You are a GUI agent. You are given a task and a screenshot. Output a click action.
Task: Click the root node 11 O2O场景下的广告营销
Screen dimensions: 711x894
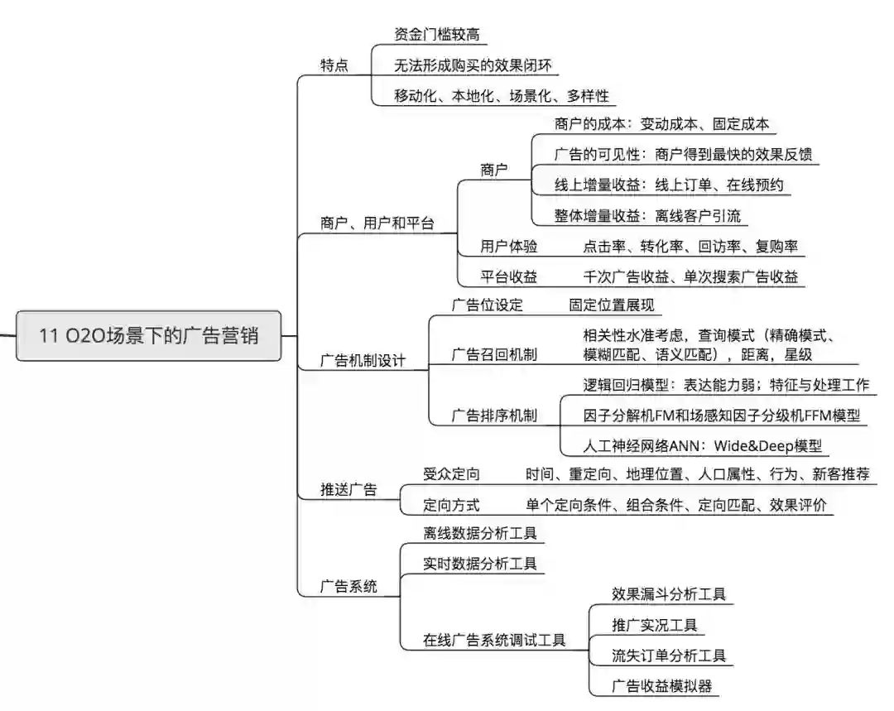click(149, 336)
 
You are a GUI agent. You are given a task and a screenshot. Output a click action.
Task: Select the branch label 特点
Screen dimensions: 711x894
click(334, 65)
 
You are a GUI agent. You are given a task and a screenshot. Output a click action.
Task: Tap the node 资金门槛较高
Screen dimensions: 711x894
click(437, 34)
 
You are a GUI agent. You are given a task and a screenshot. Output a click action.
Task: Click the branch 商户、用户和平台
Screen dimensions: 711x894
click(377, 223)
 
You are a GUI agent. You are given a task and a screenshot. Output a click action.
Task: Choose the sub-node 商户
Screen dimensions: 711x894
click(494, 170)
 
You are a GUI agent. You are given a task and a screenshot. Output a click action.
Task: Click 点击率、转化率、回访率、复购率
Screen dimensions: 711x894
click(690, 247)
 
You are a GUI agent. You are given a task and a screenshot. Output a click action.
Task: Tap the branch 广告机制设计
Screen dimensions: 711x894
click(363, 362)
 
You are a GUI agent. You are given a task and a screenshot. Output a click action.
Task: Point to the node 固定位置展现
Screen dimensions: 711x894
click(611, 305)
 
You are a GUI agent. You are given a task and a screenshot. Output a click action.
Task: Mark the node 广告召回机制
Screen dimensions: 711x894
click(494, 355)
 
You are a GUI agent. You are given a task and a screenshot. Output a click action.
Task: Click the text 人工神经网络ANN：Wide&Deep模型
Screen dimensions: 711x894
click(703, 446)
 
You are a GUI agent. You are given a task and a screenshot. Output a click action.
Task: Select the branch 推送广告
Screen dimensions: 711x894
click(348, 489)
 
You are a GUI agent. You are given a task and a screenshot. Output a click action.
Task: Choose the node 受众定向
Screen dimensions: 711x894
click(451, 474)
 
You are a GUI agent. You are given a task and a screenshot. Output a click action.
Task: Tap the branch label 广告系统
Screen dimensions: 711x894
click(348, 587)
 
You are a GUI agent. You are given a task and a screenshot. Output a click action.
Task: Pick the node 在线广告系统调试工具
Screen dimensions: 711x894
click(494, 640)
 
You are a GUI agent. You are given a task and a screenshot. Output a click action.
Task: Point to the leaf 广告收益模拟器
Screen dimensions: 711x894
click(661, 685)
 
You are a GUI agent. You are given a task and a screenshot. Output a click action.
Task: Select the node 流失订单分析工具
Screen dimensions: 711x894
click(669, 656)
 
